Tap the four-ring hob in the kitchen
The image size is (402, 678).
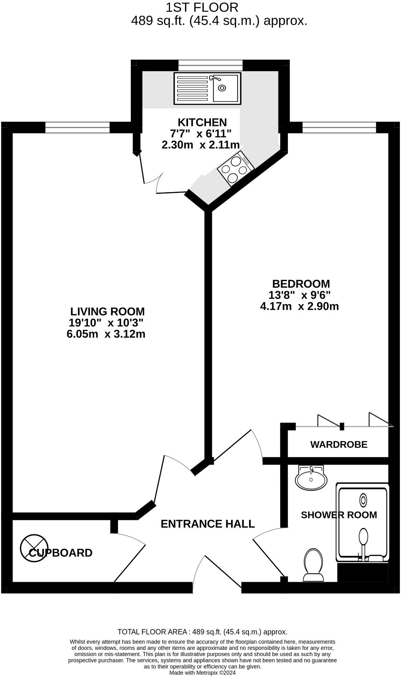(235, 169)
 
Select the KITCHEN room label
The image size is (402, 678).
(202, 122)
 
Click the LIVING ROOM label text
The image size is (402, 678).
(107, 311)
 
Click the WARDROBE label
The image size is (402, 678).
(338, 445)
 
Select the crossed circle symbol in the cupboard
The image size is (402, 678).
(34, 549)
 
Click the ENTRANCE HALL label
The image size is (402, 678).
(208, 524)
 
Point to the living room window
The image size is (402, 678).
(77, 128)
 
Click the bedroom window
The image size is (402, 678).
(339, 128)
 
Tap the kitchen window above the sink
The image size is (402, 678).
(210, 65)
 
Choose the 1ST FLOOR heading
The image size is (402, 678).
(202, 7)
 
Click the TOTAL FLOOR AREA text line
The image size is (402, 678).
(202, 632)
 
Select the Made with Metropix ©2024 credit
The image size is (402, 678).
(202, 673)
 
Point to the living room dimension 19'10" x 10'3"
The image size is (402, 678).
(106, 323)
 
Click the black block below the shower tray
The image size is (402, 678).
(363, 572)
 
